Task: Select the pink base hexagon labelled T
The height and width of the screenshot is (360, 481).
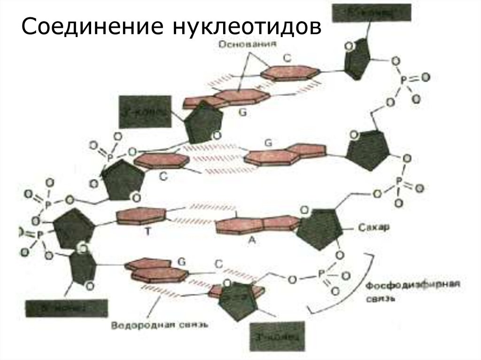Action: pyautogui.click(x=141, y=216)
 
